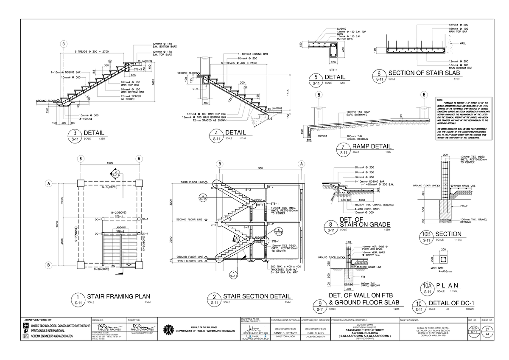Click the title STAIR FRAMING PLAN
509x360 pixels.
pyautogui.click(x=119, y=296)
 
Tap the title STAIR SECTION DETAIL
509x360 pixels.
pyautogui.click(x=257, y=296)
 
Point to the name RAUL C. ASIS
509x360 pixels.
pyautogui.click(x=313, y=334)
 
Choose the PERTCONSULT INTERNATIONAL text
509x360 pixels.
pyautogui.click(x=45, y=330)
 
